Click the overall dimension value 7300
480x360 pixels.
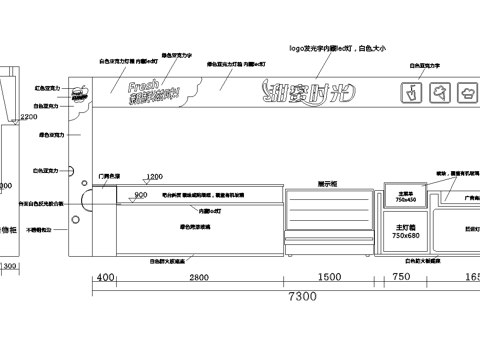click(x=303, y=297)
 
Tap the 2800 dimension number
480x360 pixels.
click(x=198, y=277)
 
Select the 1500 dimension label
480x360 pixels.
click(x=328, y=277)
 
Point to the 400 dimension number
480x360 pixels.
click(x=105, y=277)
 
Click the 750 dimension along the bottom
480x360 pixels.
click(x=402, y=277)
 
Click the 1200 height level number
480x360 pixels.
click(x=154, y=177)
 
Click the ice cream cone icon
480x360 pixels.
click(x=439, y=93)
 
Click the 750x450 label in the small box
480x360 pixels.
click(x=405, y=199)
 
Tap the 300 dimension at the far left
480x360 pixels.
click(x=9, y=267)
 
